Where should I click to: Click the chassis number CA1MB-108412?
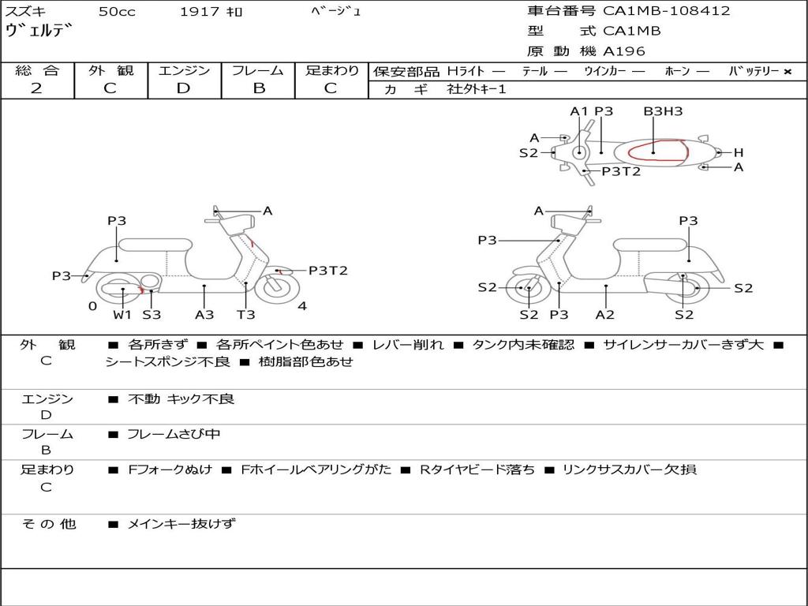[667, 11]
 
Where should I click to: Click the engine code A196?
[624, 51]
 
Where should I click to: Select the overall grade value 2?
[36, 88]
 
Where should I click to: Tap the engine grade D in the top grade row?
[183, 88]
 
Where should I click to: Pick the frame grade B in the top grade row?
[259, 88]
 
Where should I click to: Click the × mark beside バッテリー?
[787, 72]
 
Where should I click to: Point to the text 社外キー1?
[477, 89]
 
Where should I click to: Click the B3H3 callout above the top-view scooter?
[663, 111]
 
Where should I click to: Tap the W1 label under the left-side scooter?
[122, 314]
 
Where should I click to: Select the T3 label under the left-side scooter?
[246, 314]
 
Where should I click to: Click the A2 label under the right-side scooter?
[605, 314]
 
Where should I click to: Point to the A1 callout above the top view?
[579, 111]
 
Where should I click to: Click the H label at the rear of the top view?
[739, 152]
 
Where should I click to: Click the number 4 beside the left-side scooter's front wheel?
[302, 306]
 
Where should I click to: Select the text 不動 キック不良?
[181, 398]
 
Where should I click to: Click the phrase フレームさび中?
[174, 435]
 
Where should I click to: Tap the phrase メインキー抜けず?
[181, 524]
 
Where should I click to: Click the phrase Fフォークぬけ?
[170, 469]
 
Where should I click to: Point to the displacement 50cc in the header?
[117, 11]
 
